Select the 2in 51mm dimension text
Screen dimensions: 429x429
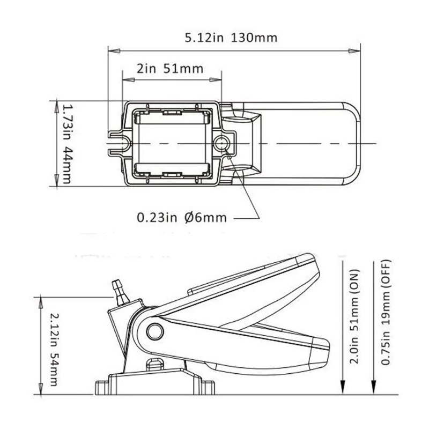pos(171,68)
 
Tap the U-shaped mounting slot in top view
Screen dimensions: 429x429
pos(119,143)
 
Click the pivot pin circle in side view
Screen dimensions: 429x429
pos(156,331)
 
